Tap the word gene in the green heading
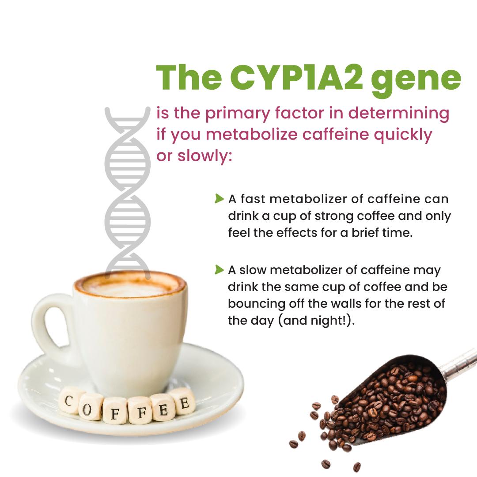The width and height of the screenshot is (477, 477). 416,81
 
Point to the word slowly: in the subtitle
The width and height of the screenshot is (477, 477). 205,156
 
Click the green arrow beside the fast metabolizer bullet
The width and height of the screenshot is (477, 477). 219,199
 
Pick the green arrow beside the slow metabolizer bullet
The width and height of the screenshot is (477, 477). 219,269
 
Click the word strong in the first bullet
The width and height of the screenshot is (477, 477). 334,216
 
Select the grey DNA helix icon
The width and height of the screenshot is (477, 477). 128,193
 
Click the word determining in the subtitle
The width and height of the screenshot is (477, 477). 398,113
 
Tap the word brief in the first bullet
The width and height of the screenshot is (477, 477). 364,233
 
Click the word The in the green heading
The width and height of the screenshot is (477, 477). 189,77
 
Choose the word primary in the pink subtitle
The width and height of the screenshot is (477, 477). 238,114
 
